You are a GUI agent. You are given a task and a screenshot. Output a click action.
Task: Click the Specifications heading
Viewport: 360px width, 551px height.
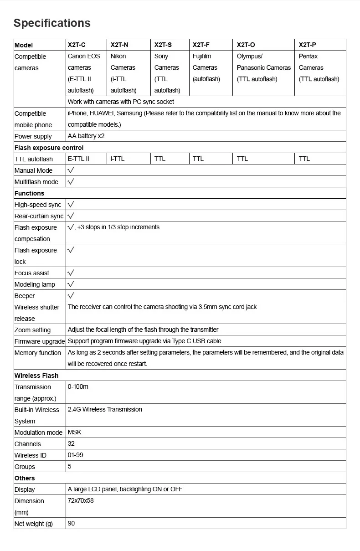[52, 23]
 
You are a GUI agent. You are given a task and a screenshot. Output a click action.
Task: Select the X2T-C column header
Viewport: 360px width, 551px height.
[77, 45]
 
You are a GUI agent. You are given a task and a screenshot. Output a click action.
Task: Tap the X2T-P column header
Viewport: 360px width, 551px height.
[307, 45]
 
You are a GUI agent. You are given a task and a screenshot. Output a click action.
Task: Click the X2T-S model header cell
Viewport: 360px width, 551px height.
[163, 45]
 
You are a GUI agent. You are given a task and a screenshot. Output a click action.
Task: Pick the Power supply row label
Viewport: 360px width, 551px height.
[33, 136]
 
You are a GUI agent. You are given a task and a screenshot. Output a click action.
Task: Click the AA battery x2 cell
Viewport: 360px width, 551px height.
[86, 136]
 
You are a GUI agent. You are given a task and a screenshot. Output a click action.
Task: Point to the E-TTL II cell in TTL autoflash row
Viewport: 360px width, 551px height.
[78, 159]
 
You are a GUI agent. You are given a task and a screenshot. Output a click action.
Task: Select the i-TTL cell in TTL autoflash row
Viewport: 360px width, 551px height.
[118, 159]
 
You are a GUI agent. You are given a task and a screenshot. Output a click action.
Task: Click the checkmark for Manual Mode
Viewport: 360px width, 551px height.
[71, 170]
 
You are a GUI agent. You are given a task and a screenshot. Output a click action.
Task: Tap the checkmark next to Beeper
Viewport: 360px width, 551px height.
[71, 295]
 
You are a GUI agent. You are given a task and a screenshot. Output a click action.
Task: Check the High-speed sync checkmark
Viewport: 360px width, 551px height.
[71, 204]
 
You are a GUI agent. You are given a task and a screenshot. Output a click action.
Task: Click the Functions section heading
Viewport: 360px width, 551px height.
[29, 193]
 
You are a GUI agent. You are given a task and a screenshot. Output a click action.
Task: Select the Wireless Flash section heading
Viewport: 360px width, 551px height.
[36, 376]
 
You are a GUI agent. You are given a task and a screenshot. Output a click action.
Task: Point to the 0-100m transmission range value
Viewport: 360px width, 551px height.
[78, 386]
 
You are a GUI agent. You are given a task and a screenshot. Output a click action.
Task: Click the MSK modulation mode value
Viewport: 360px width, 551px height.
[74, 432]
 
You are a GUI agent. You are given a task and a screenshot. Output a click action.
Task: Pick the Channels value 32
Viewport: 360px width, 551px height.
[71, 443]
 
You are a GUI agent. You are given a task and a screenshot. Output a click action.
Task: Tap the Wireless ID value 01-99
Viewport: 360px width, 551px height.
[75, 455]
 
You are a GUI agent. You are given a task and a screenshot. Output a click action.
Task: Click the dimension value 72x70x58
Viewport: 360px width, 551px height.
[81, 500]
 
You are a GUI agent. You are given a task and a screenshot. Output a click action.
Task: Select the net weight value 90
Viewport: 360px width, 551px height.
[71, 523]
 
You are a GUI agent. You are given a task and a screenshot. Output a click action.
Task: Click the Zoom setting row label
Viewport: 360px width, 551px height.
[32, 330]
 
